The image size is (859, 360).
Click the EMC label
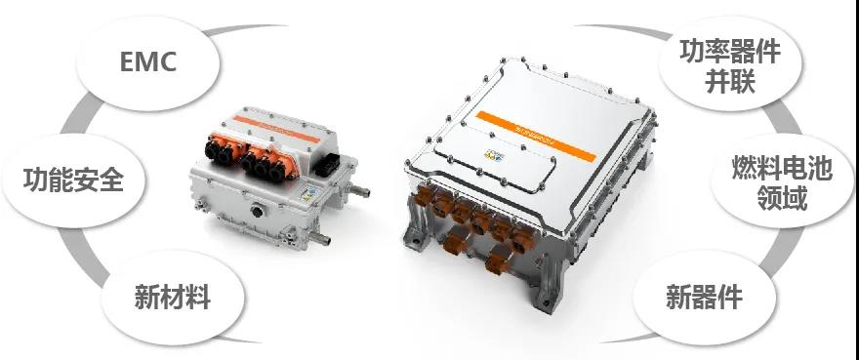click(x=148, y=61)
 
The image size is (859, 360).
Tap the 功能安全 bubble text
click(x=73, y=180)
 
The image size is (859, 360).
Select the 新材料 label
click(x=173, y=297)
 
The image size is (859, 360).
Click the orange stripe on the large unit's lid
click(x=536, y=136)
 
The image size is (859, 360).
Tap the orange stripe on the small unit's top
click(x=276, y=129)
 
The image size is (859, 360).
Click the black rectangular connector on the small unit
click(x=327, y=163)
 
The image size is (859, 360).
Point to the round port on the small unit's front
click(x=257, y=211)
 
